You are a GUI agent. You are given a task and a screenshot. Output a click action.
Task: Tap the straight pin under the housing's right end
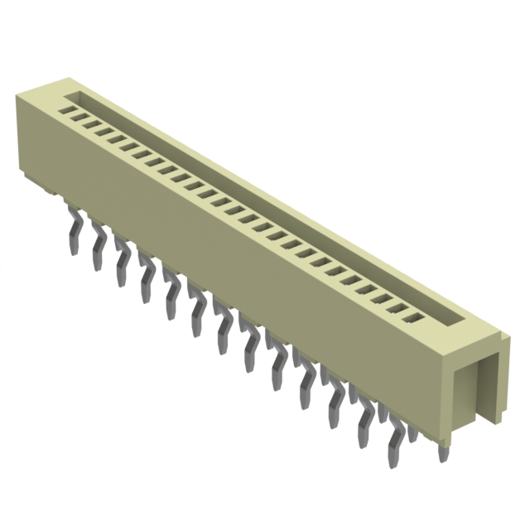(442, 451)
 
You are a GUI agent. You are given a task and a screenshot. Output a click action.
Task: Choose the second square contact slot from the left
(83, 117)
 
